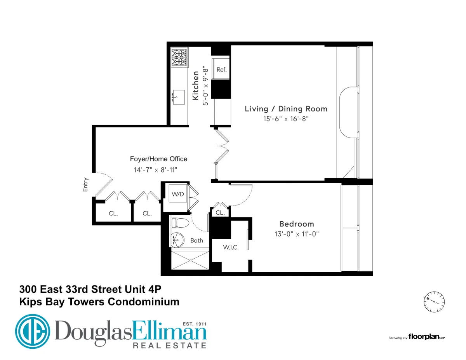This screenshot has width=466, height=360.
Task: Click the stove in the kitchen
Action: coord(180,57)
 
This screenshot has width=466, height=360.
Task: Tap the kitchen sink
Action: coord(179,95)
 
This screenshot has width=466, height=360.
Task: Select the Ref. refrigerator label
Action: coord(221,70)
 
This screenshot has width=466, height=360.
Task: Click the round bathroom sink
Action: coord(178,239)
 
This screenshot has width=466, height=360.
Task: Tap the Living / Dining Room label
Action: coord(286,109)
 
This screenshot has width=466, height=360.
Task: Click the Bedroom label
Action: coord(297,224)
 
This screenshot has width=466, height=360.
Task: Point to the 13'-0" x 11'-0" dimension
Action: coord(297,234)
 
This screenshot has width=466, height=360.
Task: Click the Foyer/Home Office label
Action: coord(158,159)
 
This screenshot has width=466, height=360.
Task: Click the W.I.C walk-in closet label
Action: coord(230,247)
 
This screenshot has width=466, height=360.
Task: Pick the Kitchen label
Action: coord(196,85)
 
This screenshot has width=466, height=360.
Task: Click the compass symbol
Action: coord(434,301)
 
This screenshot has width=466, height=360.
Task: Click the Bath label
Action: coord(196,240)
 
